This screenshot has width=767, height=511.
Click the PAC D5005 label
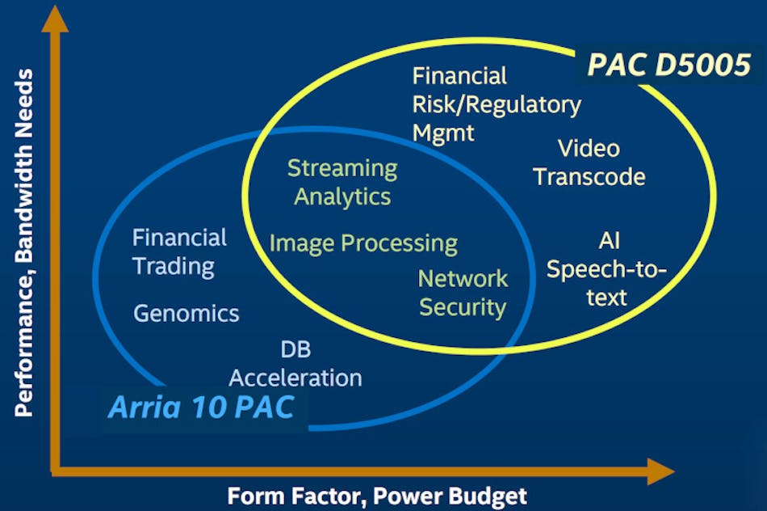669,65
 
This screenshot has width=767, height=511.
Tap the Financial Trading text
179,251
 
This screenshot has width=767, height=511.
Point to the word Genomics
187,313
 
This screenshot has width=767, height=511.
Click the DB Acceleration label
295,363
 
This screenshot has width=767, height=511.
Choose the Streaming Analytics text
342,182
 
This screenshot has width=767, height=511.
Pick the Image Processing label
363,243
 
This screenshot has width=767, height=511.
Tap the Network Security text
463,293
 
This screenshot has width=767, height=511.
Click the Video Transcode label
589,163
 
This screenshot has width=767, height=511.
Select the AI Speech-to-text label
607,268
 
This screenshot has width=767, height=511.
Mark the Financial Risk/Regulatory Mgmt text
497,104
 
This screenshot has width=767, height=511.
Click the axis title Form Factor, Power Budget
377,495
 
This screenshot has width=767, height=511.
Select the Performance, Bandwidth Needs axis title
24,243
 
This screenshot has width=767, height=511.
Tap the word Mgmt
445,133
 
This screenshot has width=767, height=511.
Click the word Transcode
589,177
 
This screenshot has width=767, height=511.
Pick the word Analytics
342,196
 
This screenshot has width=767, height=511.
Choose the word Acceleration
295,377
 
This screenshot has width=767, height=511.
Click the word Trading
174,266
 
